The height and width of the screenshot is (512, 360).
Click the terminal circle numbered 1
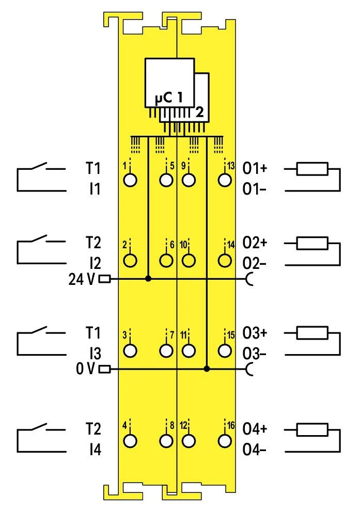[131, 180]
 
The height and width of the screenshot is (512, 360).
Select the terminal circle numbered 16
[224, 441]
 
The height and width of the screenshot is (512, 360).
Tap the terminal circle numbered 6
[166, 261]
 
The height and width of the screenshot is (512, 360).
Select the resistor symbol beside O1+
[312, 168]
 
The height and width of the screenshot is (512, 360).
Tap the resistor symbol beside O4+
[312, 429]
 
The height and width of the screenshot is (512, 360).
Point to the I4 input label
[94, 451]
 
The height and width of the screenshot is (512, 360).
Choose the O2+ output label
[255, 243]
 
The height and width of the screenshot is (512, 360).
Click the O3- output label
[255, 354]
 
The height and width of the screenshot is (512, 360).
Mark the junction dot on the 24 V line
[149, 279]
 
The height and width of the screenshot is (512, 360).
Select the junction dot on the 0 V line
[207, 369]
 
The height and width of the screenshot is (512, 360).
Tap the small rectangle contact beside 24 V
[104, 279]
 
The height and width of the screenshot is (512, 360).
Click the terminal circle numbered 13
[224, 180]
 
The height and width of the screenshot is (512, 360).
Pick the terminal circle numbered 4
[131, 441]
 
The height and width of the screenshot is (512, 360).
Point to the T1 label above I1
[93, 168]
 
